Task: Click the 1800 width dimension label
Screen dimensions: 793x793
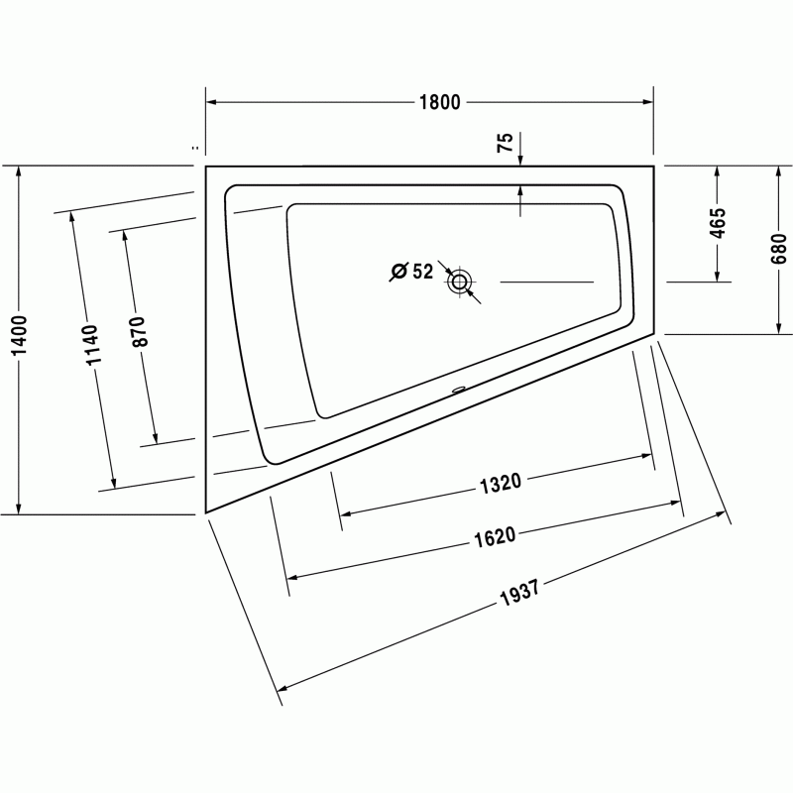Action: [440, 102]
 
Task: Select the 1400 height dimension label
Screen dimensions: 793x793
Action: [19, 335]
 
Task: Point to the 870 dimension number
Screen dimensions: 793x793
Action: [139, 331]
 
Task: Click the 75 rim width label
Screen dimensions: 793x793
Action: [505, 143]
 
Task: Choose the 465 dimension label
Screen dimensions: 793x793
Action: [717, 223]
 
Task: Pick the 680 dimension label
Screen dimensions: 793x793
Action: [779, 249]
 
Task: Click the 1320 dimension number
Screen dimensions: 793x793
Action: [500, 483]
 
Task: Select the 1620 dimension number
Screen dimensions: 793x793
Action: [495, 537]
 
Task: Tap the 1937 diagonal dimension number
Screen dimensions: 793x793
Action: [519, 592]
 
